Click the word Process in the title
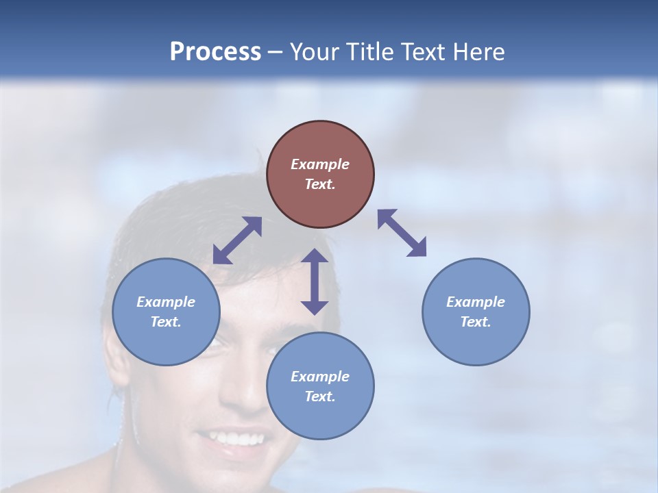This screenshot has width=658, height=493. click(215, 52)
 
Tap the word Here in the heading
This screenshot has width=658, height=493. click(478, 52)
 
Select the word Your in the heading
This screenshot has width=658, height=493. click(313, 52)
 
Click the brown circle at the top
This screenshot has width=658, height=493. click(320, 175)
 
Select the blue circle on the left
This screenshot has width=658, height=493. click(166, 312)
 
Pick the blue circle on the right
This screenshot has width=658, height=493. click(475, 312)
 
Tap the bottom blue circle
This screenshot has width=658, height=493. click(320, 386)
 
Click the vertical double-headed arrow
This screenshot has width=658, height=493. click(315, 281)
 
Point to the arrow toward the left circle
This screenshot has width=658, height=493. click(237, 240)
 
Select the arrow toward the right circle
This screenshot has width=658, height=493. click(402, 233)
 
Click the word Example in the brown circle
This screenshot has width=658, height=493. click(320, 164)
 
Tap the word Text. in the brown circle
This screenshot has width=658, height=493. click(320, 184)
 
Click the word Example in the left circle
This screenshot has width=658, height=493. click(166, 302)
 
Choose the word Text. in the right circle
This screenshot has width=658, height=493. click(475, 322)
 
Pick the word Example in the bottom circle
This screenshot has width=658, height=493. click(320, 377)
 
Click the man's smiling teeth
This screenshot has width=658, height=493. click(233, 438)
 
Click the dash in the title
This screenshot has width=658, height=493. click(276, 52)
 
